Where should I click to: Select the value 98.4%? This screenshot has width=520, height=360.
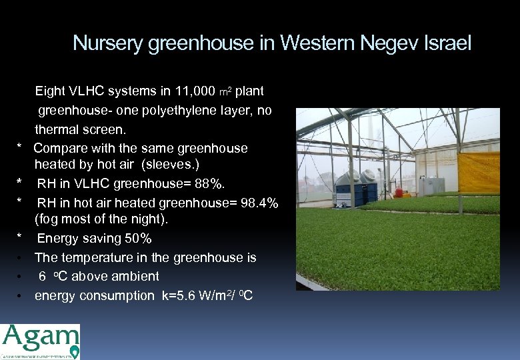tap(256, 203)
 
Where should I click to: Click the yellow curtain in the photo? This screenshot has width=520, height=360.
tap(479, 172)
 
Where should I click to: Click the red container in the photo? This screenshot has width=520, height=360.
tap(399, 193)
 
